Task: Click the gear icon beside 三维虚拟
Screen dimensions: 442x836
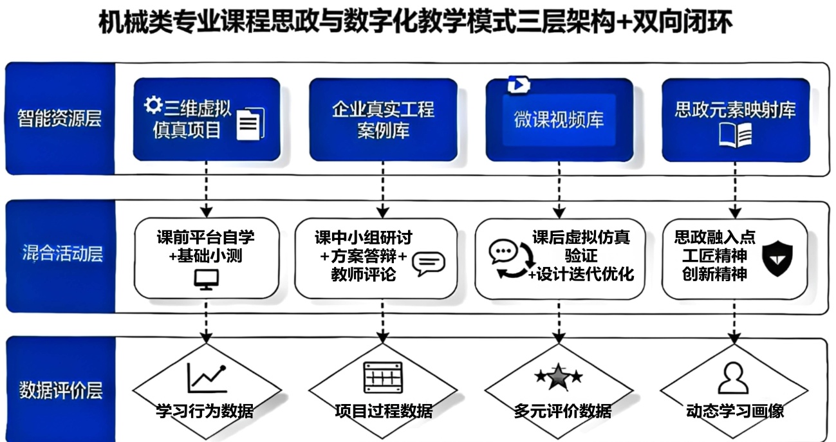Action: pyautogui.click(x=153, y=105)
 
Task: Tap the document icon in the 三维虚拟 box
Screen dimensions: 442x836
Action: pyautogui.click(x=250, y=123)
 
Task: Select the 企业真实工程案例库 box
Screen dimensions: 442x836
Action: pyautogui.click(x=383, y=119)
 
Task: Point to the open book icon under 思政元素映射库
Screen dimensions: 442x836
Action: pyautogui.click(x=734, y=136)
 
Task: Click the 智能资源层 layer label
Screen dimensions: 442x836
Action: pyautogui.click(x=60, y=119)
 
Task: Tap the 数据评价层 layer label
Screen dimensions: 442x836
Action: pyautogui.click(x=60, y=391)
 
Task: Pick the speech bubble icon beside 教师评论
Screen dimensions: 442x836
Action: pyautogui.click(x=428, y=263)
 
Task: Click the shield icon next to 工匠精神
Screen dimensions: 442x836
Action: pyautogui.click(x=777, y=259)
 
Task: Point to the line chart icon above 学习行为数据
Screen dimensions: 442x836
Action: pyautogui.click(x=206, y=378)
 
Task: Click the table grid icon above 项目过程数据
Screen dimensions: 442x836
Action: pyautogui.click(x=382, y=376)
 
